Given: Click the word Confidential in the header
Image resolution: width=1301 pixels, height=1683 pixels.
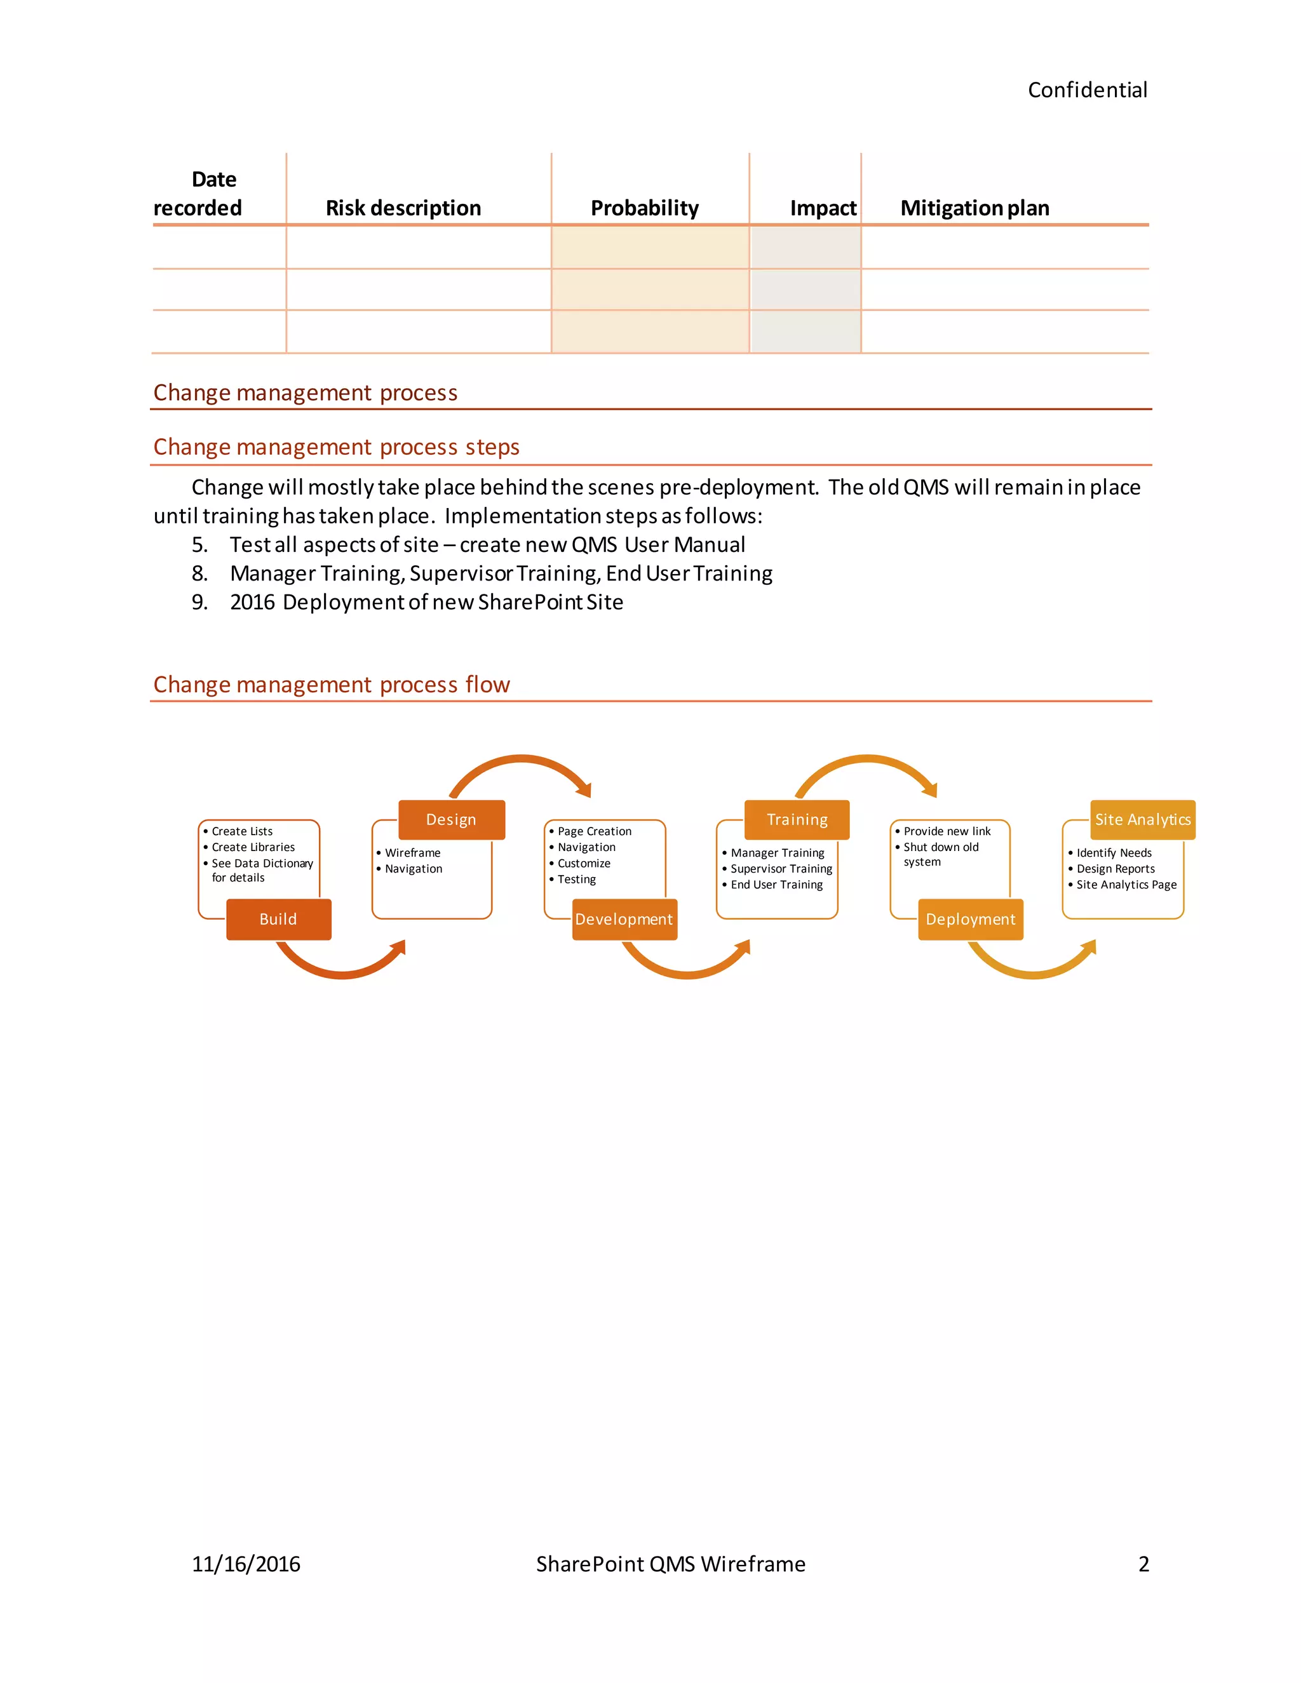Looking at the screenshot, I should click(x=1087, y=90).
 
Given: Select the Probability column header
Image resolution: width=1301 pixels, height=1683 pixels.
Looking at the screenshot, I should click(x=644, y=208).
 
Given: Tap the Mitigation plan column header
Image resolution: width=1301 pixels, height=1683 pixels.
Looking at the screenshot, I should click(x=974, y=208).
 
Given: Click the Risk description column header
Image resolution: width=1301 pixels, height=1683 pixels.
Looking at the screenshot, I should click(x=403, y=208).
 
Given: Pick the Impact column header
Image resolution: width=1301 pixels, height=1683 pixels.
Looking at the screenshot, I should click(x=823, y=208).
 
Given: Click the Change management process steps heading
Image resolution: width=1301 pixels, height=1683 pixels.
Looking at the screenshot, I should click(x=336, y=447).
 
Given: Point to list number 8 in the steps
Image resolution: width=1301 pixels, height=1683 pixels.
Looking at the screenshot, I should click(x=199, y=573).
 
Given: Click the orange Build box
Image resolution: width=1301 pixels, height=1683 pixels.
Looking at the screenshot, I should click(x=278, y=920).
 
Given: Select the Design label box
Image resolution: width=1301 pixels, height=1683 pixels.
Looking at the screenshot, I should click(x=451, y=820).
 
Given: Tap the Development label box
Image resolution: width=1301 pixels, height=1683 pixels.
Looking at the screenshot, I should click(x=624, y=920).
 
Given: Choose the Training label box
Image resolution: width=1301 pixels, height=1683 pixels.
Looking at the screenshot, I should click(x=797, y=820).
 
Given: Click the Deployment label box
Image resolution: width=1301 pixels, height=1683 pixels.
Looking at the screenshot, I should click(x=971, y=920).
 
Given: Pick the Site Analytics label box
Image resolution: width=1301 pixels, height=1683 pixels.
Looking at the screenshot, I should click(x=1142, y=820).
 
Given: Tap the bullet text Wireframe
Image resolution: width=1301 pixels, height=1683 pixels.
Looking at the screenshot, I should click(x=412, y=853).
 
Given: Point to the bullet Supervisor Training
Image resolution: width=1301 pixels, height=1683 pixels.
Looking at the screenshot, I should click(x=781, y=869).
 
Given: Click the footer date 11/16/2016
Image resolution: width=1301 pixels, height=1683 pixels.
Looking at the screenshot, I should click(x=246, y=1564).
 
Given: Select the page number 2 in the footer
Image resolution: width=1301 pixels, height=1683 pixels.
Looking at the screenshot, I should click(x=1143, y=1564).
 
